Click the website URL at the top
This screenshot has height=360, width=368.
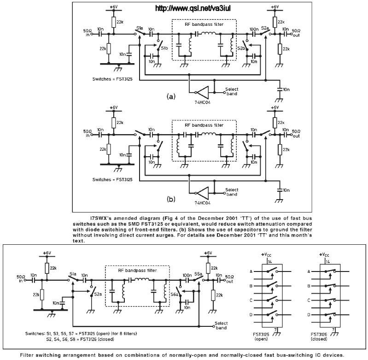[x=193, y=8]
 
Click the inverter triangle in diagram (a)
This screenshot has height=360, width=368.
[x=203, y=92]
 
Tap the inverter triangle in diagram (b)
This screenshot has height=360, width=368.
[x=203, y=193]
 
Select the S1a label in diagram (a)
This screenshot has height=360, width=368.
[x=140, y=29]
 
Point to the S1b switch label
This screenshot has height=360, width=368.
[x=164, y=48]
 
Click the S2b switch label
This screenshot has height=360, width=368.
[x=241, y=48]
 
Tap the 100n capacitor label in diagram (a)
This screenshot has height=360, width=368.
[x=254, y=30]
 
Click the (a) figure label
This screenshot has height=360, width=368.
[x=171, y=96]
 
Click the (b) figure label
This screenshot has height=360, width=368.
[x=171, y=199]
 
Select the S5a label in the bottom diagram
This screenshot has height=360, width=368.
[x=198, y=274]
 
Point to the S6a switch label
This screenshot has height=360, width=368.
[x=175, y=294]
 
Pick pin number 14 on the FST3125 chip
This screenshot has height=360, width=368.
[x=270, y=262]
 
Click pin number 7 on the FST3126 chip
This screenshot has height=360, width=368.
[x=333, y=330]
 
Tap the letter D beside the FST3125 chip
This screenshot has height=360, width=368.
[x=251, y=315]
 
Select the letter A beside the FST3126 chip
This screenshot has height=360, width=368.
[x=309, y=271]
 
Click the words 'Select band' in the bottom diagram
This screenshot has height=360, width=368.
[x=221, y=326]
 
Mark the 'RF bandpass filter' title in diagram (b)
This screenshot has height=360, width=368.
[x=204, y=125]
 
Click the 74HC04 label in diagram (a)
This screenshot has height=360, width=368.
[x=202, y=102]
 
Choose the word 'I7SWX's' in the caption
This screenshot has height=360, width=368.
[x=99, y=218]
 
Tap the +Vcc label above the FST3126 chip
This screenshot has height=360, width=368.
[x=324, y=255]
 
